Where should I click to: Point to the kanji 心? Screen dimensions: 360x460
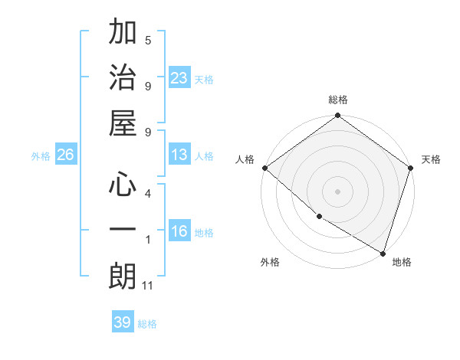tap(123, 184)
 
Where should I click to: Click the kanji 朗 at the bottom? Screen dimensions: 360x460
tap(123, 277)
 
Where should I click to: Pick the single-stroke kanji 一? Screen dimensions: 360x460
tap(123, 231)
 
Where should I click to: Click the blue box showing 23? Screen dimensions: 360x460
tap(179, 78)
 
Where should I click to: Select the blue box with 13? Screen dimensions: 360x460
tap(179, 155)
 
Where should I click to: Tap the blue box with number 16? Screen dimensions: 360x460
tap(179, 232)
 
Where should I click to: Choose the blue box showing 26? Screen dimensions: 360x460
tap(65, 155)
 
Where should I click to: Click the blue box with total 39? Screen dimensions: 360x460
tap(122, 322)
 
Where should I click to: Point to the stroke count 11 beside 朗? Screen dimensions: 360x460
tap(148, 286)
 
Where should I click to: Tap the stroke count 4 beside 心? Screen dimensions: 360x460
tap(148, 194)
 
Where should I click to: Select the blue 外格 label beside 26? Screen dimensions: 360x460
tap(41, 155)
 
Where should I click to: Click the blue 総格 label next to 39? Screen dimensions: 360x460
tap(147, 323)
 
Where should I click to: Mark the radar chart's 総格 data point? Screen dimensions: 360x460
tap(337, 116)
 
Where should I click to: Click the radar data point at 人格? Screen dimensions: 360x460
tap(264, 168)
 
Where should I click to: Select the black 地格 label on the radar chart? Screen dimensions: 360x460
tap(402, 263)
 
